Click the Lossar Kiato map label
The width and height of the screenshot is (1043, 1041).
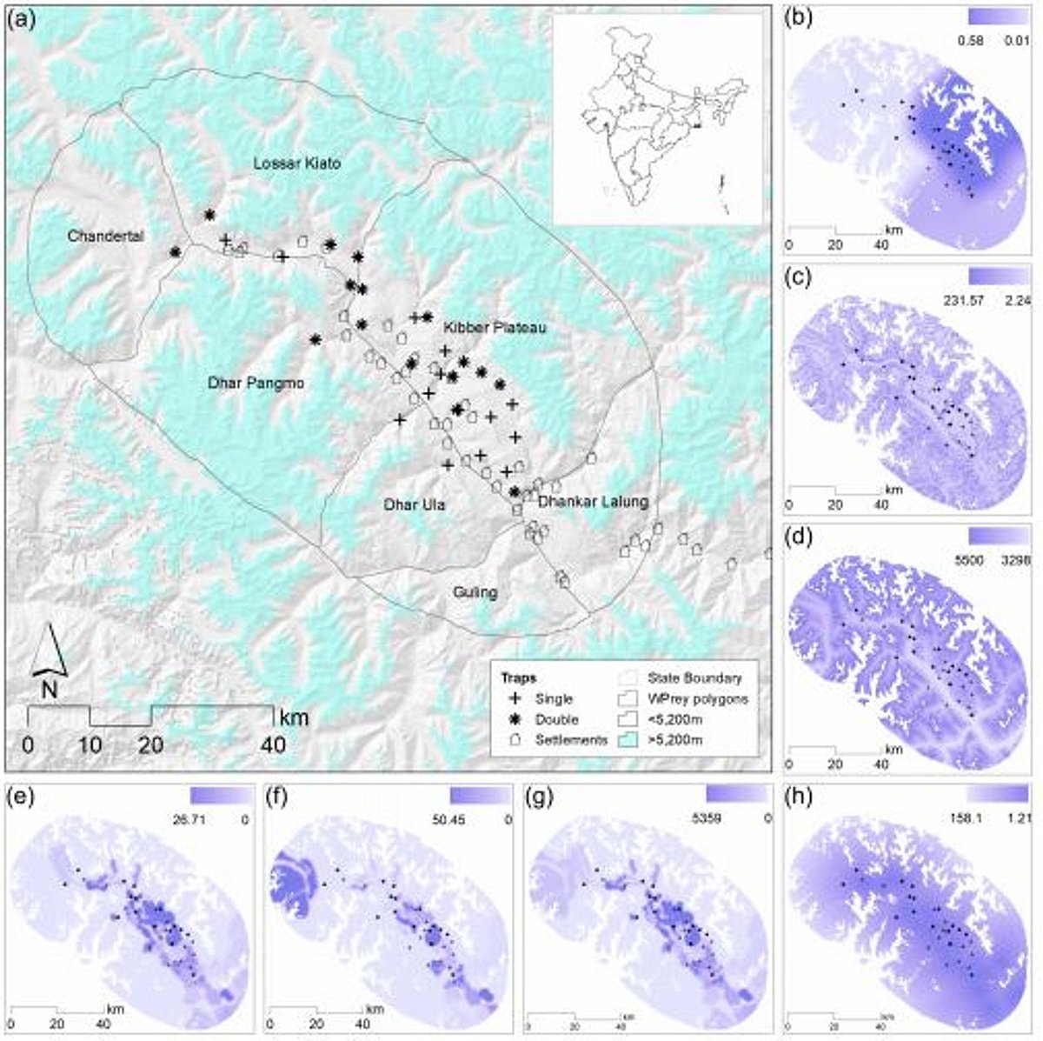297,163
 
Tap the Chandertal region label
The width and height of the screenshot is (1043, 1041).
105,236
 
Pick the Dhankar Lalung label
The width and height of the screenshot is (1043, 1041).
592,501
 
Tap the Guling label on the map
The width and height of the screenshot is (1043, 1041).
475,592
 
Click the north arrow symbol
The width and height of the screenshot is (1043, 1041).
50,657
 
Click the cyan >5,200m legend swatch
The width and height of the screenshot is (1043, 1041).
628,740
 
